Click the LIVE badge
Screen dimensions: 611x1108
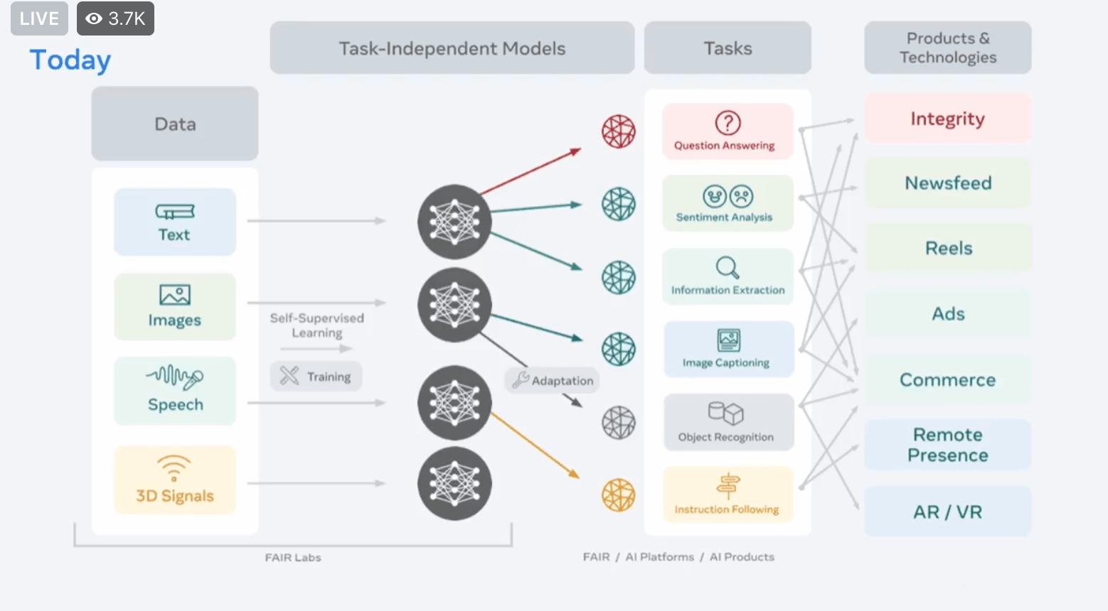[x=39, y=18]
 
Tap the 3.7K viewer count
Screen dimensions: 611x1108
[x=116, y=18]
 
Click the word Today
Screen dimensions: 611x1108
[x=70, y=60]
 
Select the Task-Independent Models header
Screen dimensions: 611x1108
[x=452, y=48]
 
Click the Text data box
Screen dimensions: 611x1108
[x=175, y=222]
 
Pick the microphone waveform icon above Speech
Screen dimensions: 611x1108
[x=175, y=377]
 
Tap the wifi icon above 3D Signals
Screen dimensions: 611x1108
[x=174, y=467]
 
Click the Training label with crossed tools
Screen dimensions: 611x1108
[x=316, y=376]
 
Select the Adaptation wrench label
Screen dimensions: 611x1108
[x=553, y=380]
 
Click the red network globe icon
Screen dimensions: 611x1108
[x=619, y=131]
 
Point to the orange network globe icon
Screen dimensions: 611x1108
[x=619, y=495]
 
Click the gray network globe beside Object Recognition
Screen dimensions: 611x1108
[x=619, y=423]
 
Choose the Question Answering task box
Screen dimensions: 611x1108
[x=727, y=131]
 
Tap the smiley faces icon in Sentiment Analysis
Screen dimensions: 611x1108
[x=728, y=196]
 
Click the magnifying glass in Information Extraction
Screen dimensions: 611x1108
[x=727, y=267]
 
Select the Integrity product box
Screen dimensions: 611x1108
[x=947, y=119]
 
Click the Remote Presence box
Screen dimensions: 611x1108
[x=947, y=445]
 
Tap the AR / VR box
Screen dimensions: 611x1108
[x=947, y=512]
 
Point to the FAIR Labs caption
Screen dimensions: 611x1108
[x=293, y=558]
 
